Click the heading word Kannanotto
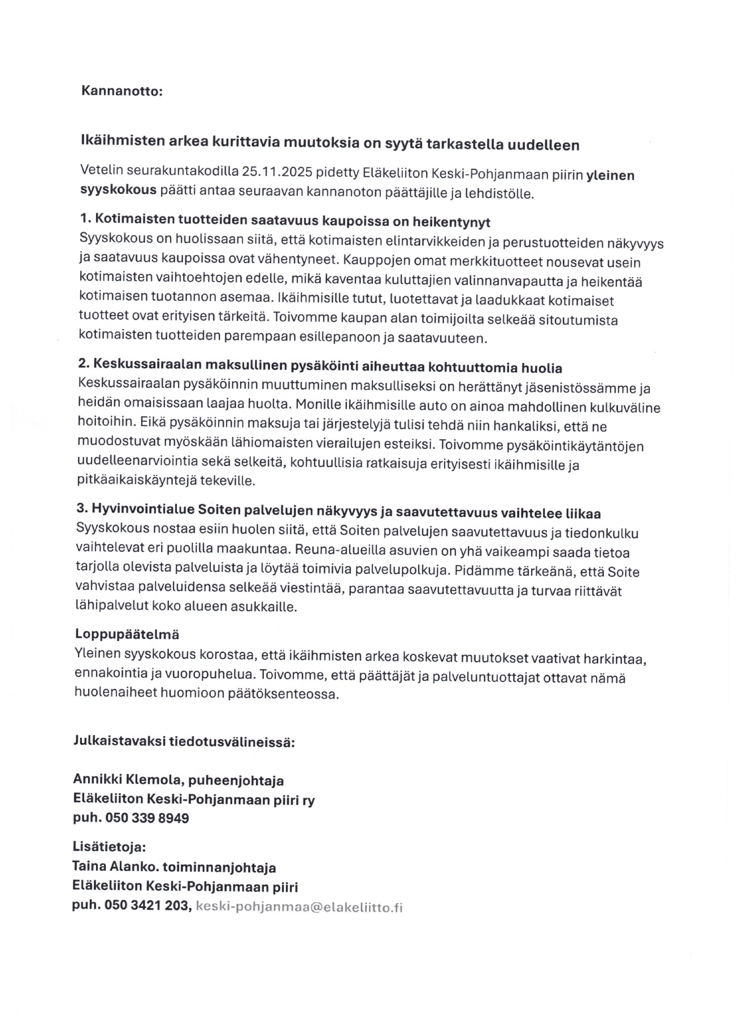coord(121,91)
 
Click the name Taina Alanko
coord(115,867)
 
